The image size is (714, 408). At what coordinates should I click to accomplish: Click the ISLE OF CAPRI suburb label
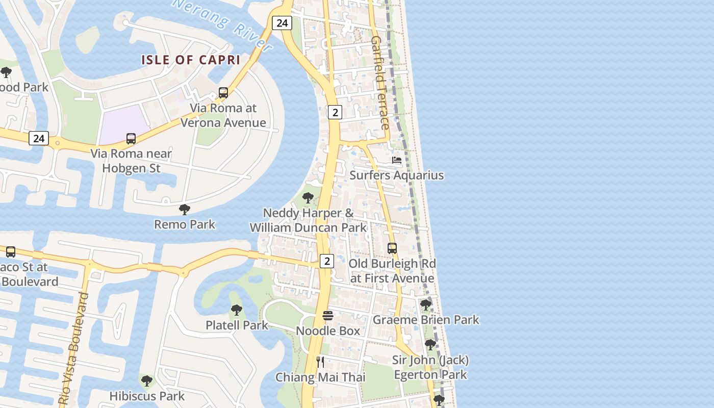click(x=190, y=60)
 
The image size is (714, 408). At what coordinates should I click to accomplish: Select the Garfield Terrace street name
click(x=380, y=83)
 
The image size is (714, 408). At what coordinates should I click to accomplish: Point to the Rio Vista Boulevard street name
click(x=74, y=349)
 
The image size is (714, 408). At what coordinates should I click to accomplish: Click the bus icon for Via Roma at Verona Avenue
click(x=223, y=93)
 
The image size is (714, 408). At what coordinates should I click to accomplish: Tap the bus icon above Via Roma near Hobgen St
click(x=131, y=139)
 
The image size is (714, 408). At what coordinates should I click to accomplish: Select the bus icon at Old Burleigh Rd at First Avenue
click(x=392, y=248)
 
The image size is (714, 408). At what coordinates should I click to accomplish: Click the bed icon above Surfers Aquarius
click(x=396, y=160)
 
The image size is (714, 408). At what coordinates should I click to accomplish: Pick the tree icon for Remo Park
click(x=185, y=209)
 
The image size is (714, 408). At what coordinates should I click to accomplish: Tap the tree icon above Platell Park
click(x=236, y=310)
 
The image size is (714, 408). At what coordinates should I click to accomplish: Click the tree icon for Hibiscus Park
click(x=147, y=380)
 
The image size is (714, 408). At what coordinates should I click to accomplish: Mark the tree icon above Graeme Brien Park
click(x=425, y=305)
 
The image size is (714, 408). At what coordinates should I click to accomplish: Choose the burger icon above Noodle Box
click(x=328, y=316)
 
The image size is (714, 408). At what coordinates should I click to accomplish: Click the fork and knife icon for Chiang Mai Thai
click(x=320, y=362)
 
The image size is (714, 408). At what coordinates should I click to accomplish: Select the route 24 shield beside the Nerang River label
click(x=282, y=23)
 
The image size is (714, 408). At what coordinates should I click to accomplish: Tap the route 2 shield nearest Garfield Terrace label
click(x=335, y=112)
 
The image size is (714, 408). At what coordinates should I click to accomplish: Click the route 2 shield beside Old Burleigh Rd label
click(x=327, y=261)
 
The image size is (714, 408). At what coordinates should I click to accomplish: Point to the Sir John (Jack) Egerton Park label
click(x=430, y=367)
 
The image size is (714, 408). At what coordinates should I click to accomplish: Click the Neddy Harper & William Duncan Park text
click(x=308, y=220)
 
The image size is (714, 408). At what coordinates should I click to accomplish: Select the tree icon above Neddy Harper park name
click(x=308, y=198)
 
